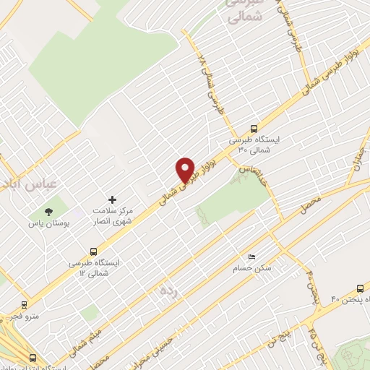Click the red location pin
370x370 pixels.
(x=186, y=170)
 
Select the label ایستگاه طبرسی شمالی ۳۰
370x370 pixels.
(x=258, y=143)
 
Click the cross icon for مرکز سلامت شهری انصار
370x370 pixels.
(x=111, y=199)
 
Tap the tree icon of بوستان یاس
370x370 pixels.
(x=48, y=212)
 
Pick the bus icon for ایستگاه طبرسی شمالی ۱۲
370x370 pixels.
(x=93, y=251)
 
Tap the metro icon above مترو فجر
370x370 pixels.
(x=24, y=304)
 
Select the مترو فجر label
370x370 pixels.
(x=22, y=316)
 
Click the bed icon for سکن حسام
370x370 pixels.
(x=251, y=257)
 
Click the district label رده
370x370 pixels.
(x=168, y=291)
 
